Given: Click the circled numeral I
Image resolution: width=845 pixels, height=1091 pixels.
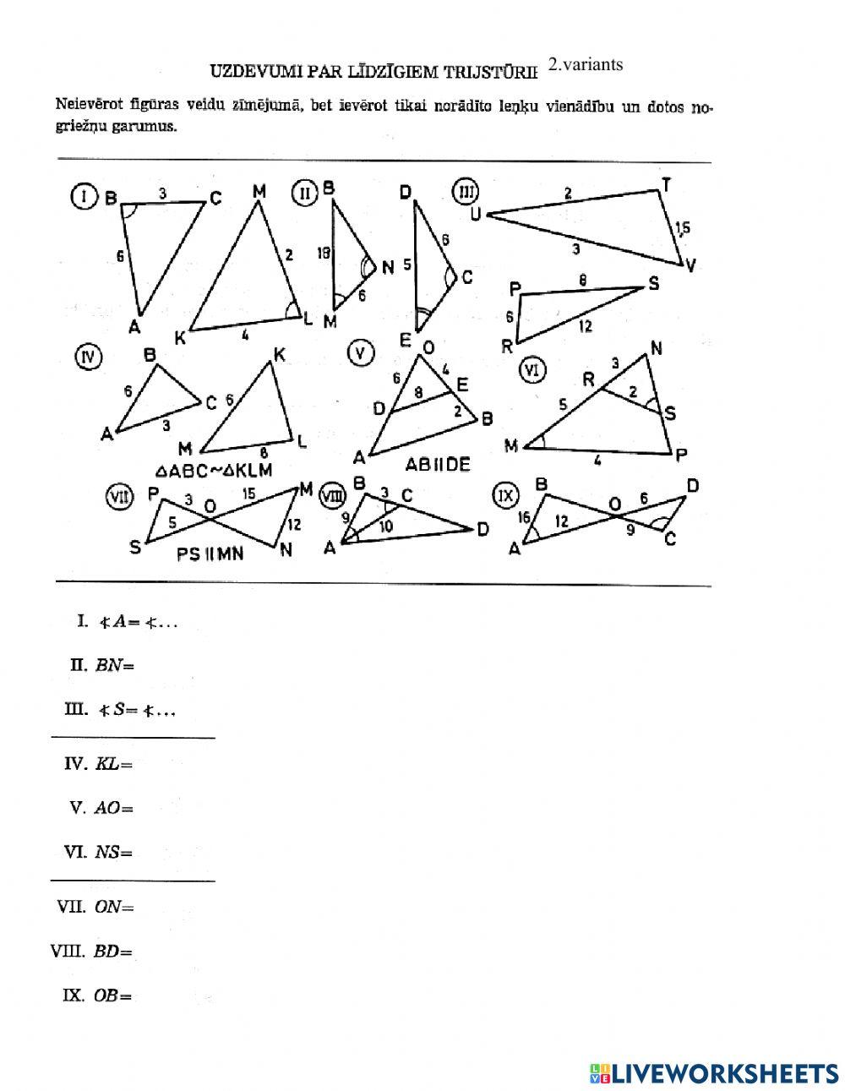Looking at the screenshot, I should pos(82,198).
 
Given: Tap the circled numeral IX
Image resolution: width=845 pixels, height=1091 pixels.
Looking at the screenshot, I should pos(506,495).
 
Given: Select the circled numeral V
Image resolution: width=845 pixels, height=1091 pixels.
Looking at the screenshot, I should pos(361,353).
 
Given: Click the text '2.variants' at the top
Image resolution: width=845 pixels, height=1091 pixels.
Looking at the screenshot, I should pos(585,64).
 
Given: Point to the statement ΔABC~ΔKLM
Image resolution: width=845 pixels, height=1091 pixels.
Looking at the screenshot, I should pos(214,470).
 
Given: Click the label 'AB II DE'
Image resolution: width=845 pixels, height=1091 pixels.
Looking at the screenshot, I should pos(437,465).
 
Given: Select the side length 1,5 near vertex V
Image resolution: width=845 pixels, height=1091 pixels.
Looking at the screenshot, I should pos(683,227).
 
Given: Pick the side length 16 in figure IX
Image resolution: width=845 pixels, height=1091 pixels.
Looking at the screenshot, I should pos(525,518).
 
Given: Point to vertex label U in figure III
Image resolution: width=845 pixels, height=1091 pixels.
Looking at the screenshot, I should pos(476,215).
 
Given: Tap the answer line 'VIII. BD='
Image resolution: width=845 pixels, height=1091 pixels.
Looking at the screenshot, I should pos(92,952).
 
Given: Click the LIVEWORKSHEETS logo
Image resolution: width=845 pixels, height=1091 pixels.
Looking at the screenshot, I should pos(714,1073).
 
